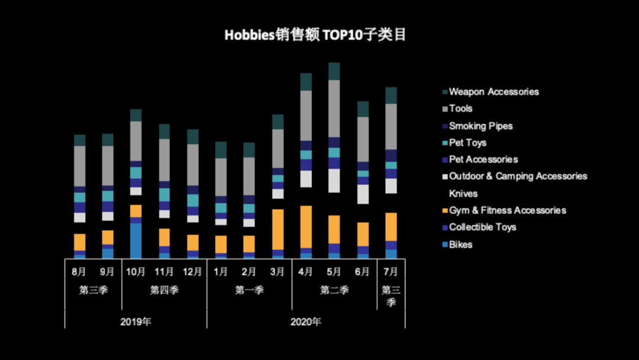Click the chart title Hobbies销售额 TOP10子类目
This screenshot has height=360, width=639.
(315, 36)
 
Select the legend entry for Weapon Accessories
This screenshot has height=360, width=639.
(493, 92)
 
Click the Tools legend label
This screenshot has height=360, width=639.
(460, 108)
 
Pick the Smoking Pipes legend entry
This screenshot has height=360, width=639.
(480, 126)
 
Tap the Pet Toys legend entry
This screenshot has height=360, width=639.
(467, 143)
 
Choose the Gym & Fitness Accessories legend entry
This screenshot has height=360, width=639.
(507, 210)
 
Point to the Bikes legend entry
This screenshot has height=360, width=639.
(460, 244)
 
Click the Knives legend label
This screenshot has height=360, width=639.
(463, 194)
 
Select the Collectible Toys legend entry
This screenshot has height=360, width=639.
(482, 227)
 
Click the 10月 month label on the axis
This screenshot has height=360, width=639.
(135, 272)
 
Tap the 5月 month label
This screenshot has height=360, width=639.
(334, 272)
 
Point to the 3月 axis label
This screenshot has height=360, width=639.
(277, 272)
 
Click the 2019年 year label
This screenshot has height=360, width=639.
(135, 322)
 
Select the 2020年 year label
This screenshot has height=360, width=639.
(306, 322)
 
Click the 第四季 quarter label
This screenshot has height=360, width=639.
(164, 290)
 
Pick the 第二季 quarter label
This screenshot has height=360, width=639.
(334, 290)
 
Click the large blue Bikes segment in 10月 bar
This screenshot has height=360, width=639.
(135, 240)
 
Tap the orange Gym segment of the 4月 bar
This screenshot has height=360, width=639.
(306, 226)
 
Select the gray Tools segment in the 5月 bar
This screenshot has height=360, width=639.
(334, 108)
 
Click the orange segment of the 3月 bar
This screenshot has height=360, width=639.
(277, 229)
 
